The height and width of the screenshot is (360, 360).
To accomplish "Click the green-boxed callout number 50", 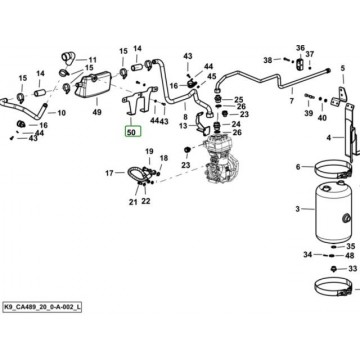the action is pos(133,132).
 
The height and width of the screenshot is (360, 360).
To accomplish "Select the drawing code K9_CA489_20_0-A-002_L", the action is pos(42,307).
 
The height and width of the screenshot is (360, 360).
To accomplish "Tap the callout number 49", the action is pos(97,112).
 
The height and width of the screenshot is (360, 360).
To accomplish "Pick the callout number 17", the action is pos(110,173).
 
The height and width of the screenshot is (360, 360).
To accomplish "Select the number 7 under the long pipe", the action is pos(292,100).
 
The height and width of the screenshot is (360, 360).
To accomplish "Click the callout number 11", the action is pos(92,60).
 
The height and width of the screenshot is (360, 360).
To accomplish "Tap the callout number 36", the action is pos(300,48).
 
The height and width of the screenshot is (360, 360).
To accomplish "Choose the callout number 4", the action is pos(329,137).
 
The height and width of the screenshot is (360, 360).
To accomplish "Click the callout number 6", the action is pos(298,167).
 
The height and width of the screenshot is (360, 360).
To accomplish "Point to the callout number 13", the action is pos(183,126).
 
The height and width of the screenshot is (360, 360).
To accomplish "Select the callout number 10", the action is pos(62,113).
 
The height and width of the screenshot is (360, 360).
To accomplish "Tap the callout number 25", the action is pos(239,99).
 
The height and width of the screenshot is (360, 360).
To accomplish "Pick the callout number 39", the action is pos(309,113).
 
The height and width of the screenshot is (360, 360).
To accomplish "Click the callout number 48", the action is pos(350,256).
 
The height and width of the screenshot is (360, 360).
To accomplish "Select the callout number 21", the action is pos(133,201).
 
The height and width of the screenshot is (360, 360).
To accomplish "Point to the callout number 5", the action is pos(343,69).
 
